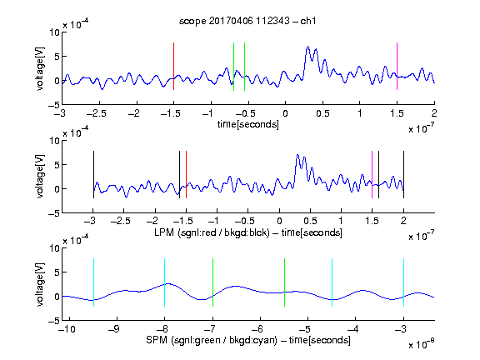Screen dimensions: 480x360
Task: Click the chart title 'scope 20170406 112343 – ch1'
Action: pyautogui.click(x=247, y=21)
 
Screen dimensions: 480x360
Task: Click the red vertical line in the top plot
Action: pyautogui.click(x=173, y=66)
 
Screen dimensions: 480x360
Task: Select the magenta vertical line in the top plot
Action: pyautogui.click(x=397, y=66)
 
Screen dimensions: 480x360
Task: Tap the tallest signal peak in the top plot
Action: pyautogui.click(x=307, y=47)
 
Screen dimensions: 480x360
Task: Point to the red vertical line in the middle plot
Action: pyautogui.click(x=186, y=174)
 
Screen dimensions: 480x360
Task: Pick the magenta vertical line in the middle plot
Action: pyautogui.click(x=372, y=174)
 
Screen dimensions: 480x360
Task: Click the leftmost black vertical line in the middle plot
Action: pyautogui.click(x=93, y=174)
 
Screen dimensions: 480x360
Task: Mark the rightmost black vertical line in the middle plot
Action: pyautogui.click(x=403, y=174)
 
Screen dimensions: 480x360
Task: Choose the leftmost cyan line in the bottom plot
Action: pyautogui.click(x=93, y=282)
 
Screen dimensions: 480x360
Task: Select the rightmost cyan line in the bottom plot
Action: pyautogui.click(x=403, y=282)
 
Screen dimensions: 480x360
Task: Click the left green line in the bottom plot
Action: pyautogui.click(x=212, y=282)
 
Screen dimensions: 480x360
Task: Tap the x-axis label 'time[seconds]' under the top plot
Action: pyautogui.click(x=248, y=124)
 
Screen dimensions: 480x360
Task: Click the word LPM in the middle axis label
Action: pyautogui.click(x=164, y=232)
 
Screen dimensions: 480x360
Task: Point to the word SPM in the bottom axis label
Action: pyautogui.click(x=157, y=340)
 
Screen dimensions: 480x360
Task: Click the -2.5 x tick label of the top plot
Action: pyautogui.click(x=97, y=113)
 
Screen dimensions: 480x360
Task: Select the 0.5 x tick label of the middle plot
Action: pyautogui.click(x=310, y=221)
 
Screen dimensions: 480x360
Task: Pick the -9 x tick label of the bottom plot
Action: pyautogui.click(x=114, y=329)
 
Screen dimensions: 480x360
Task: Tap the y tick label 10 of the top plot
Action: pyautogui.click(x=55, y=32)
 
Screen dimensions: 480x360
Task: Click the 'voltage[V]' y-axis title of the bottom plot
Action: pyautogui.click(x=40, y=284)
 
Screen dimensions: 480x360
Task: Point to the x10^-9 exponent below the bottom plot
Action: pyautogui.click(x=422, y=344)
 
